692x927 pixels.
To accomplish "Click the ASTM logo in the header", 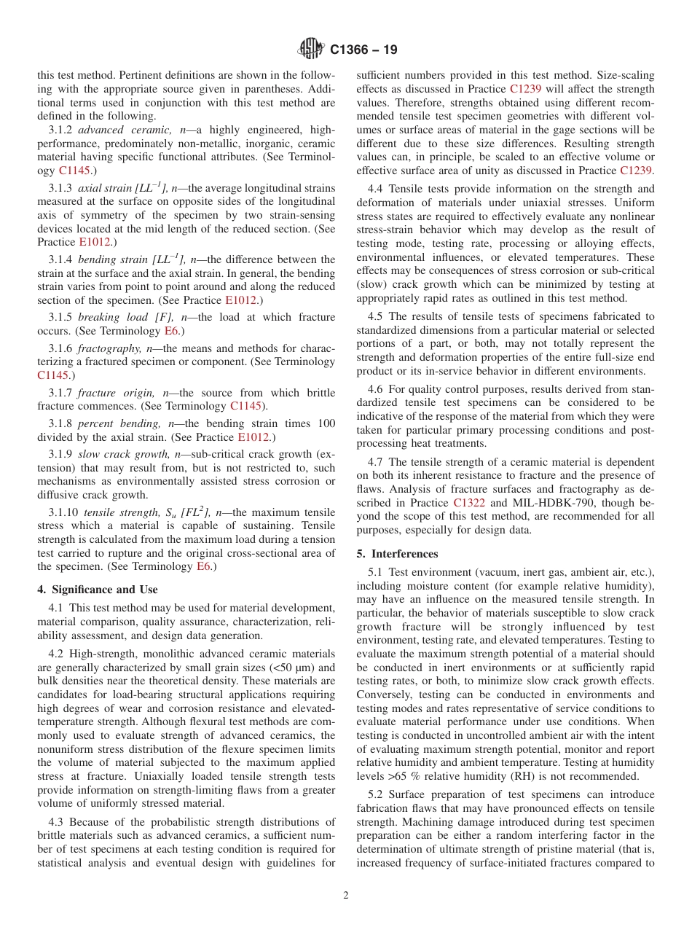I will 312,50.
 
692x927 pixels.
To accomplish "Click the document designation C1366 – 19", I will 363,50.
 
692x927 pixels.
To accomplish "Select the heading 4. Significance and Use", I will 98,590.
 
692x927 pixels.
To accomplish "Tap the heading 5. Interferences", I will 398,554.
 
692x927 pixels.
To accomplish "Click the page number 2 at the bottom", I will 346,896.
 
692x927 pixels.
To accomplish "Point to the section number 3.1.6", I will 61,348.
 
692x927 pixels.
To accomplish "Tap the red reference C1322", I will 468,503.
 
